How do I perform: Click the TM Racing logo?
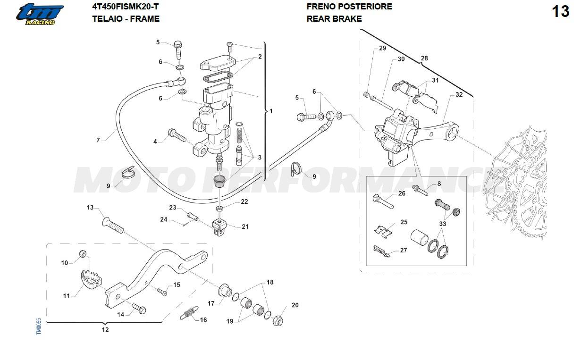41,14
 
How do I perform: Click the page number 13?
561,11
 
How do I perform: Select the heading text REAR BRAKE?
334,19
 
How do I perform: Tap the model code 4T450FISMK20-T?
126,7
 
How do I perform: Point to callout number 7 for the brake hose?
98,140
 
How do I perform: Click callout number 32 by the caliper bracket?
459,95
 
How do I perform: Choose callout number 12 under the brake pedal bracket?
105,330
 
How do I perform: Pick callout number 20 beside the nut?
295,305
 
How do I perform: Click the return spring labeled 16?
189,312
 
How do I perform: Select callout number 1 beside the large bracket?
270,111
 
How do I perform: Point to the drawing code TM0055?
39,326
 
